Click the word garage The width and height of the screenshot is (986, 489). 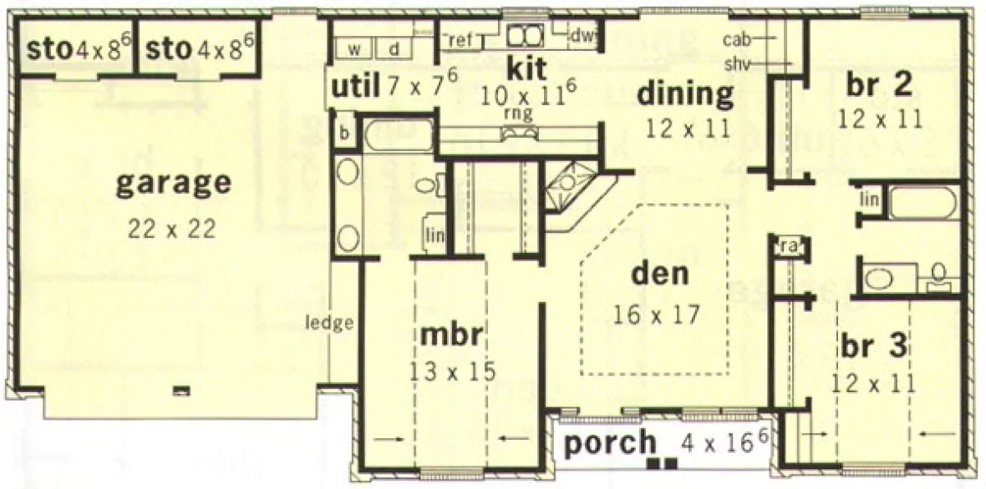pyautogui.click(x=172, y=184)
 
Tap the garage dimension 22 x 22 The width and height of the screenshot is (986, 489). pyautogui.click(x=172, y=227)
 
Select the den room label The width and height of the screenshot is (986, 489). pyautogui.click(x=658, y=275)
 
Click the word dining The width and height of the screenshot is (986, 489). pyautogui.click(x=685, y=93)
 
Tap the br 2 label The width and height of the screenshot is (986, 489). pyautogui.click(x=878, y=83)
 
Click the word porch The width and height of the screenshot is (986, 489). pyautogui.click(x=609, y=443)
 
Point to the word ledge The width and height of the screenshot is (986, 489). pyautogui.click(x=329, y=323)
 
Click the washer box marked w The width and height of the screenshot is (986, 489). pyautogui.click(x=353, y=48)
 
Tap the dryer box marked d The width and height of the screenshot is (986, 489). pyautogui.click(x=394, y=48)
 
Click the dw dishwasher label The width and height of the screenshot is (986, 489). pyautogui.click(x=583, y=35)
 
